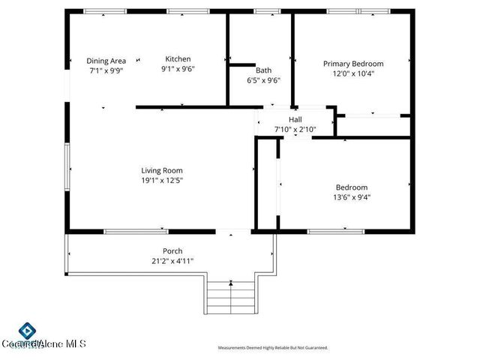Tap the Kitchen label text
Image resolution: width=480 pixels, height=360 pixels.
coord(178,59)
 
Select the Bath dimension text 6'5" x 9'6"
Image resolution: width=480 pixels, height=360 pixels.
coord(263,79)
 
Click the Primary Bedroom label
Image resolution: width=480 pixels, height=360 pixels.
coord(352,64)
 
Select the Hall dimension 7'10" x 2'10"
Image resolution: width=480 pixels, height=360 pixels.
coord(295,129)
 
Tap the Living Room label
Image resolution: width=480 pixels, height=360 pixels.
coord(162,170)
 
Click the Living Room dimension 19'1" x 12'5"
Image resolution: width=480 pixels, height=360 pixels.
coord(162,180)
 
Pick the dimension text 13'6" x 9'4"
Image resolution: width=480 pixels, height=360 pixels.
coord(351,197)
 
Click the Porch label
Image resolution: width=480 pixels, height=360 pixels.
coord(172,251)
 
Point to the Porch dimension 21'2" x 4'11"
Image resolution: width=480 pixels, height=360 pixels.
coord(172,261)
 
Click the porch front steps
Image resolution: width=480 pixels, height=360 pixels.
coord(231,296)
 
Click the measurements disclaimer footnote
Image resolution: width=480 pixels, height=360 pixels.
coord(272,348)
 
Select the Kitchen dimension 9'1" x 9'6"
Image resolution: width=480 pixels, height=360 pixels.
coord(178,69)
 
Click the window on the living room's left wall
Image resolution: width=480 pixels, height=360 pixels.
coord(67,166)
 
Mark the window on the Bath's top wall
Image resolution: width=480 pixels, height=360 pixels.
coord(265,11)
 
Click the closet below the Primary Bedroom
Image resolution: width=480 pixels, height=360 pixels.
coord(373,126)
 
